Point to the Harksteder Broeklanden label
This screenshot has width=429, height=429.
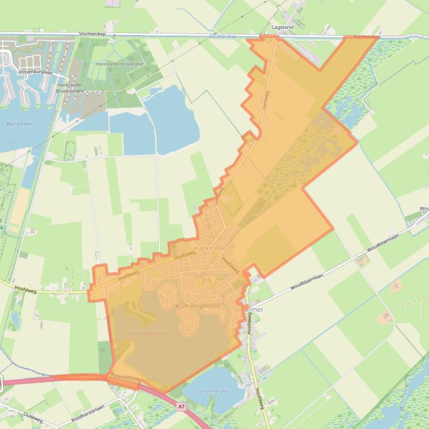70,89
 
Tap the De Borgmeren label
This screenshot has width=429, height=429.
201,306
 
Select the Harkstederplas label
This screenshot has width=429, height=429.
148,333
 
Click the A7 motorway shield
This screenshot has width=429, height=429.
181,407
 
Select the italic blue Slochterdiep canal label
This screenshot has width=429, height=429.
223,36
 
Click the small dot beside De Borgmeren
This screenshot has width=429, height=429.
177,306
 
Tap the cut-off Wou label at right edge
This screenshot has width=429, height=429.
424,209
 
